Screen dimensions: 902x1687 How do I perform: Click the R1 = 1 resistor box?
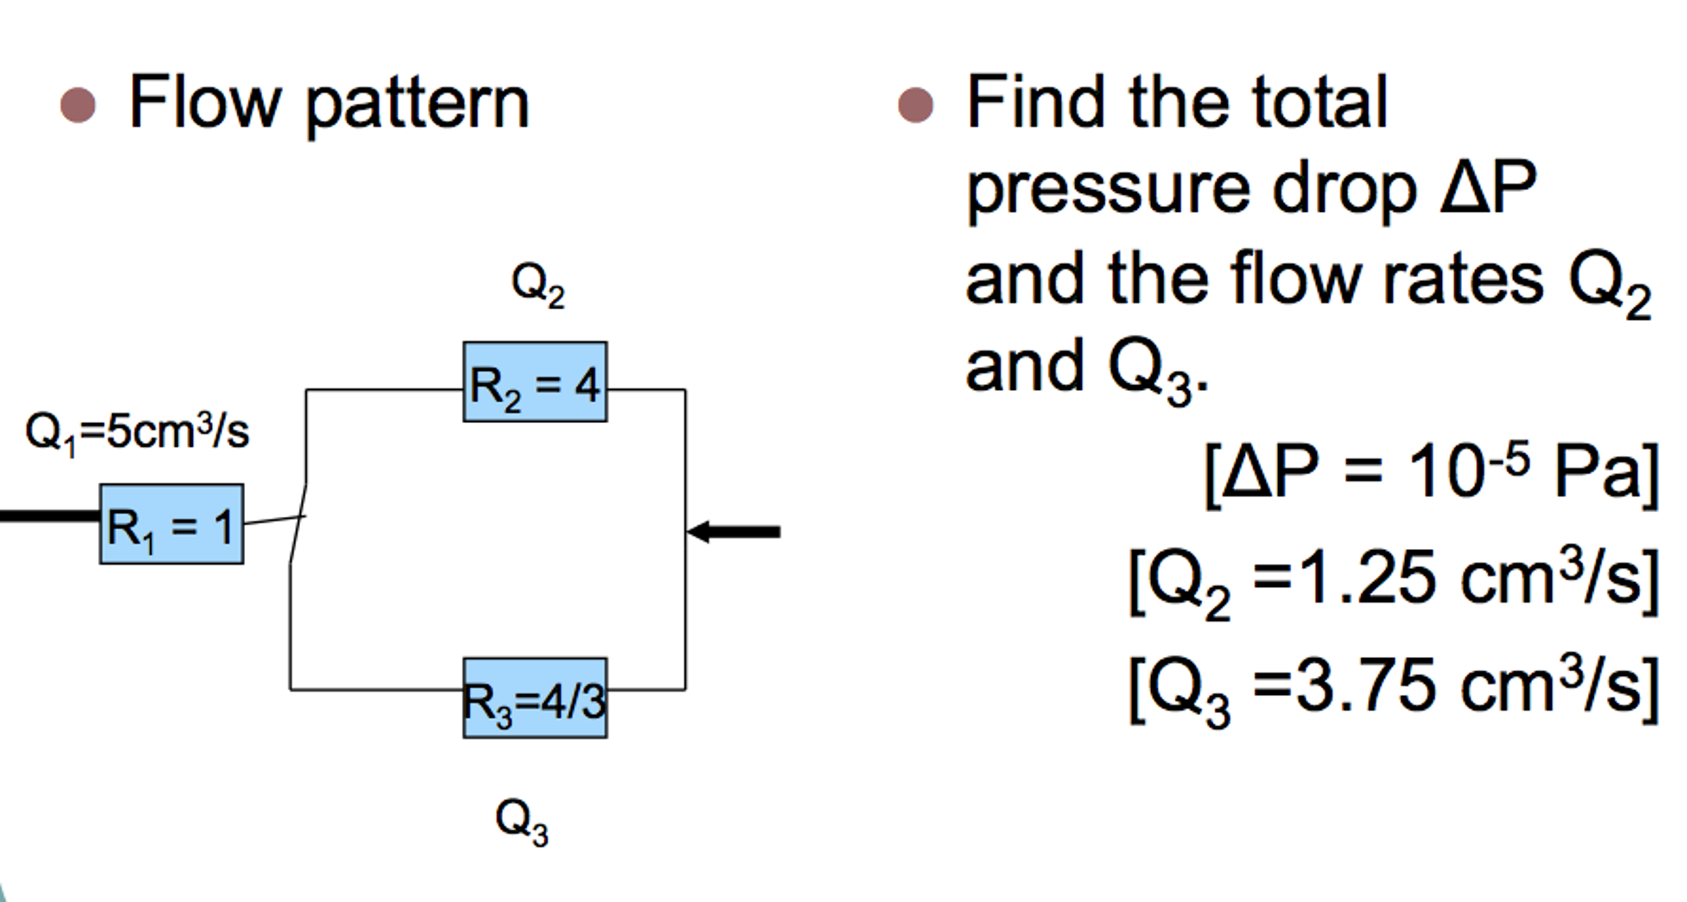pos(172,524)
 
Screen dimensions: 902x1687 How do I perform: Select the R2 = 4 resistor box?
pos(535,383)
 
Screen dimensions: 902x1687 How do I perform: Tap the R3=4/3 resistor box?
pos(535,698)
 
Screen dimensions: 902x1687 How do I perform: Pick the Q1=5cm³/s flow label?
pos(137,432)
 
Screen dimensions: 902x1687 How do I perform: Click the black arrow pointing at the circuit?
pos(734,532)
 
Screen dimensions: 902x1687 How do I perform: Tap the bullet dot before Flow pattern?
pos(78,106)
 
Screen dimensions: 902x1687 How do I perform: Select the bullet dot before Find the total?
pos(915,106)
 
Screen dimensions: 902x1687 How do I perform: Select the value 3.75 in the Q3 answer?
pos(1365,686)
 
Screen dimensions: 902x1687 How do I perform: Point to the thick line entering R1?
pos(49,517)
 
